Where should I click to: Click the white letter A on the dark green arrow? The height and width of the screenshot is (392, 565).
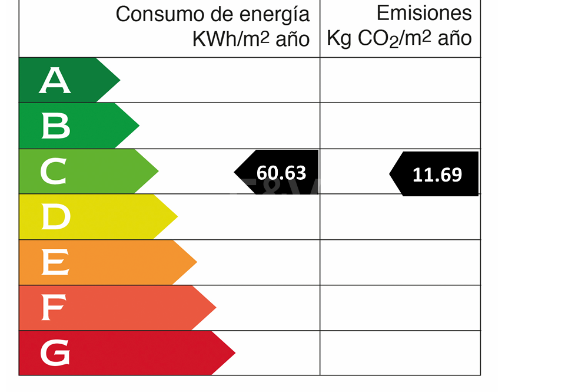pyautogui.click(x=55, y=81)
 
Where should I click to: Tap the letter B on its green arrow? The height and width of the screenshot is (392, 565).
pyautogui.click(x=55, y=126)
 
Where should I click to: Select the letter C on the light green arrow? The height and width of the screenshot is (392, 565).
pyautogui.click(x=54, y=172)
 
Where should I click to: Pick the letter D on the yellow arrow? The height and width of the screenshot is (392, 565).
pyautogui.click(x=55, y=217)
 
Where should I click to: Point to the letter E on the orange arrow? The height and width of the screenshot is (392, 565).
pyautogui.click(x=55, y=263)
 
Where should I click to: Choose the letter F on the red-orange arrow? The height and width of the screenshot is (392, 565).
pyautogui.click(x=54, y=308)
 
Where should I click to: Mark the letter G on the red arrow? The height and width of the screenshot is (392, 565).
pyautogui.click(x=55, y=353)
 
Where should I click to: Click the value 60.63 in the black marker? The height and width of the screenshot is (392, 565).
pyautogui.click(x=281, y=173)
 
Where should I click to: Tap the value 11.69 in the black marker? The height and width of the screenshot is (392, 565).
pyautogui.click(x=437, y=174)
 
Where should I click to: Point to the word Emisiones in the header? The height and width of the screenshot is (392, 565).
pyautogui.click(x=424, y=13)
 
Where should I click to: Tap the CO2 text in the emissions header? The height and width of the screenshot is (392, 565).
pyautogui.click(x=378, y=39)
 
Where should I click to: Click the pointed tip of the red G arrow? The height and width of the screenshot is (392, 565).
pyautogui.click(x=235, y=353)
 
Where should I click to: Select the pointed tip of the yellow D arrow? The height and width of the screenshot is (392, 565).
pyautogui.click(x=177, y=217)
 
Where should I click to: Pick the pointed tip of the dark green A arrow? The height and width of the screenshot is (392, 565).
pyautogui.click(x=120, y=80)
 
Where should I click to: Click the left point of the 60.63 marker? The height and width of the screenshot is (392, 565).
pyautogui.click(x=235, y=172)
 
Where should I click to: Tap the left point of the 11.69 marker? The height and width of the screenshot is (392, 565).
pyautogui.click(x=390, y=174)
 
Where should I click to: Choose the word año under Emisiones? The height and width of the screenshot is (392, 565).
pyautogui.click(x=454, y=39)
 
